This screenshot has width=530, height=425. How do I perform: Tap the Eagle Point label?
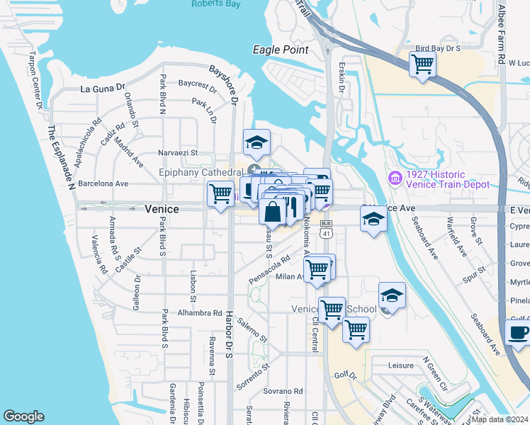pos(281,50)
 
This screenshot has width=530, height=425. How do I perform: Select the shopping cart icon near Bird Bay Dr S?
pos(422,64)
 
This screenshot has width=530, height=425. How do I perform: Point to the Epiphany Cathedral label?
pos(201,172)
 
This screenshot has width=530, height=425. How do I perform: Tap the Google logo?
pos(23,416)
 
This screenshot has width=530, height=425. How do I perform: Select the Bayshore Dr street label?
pos(225,84)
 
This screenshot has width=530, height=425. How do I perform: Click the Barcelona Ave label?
pos(103,183)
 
